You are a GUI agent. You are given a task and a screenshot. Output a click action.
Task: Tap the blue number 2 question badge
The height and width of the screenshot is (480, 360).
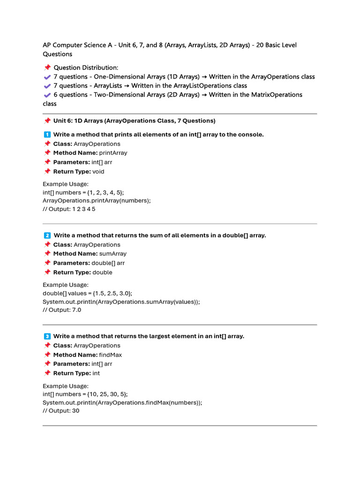pos(47,235)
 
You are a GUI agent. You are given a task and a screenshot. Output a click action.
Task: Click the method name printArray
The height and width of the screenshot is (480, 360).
pos(113,153)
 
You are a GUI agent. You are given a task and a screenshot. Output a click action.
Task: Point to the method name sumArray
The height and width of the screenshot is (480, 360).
pos(113,254)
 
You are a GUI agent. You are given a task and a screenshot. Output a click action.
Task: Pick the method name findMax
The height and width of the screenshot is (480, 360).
pos(111,355)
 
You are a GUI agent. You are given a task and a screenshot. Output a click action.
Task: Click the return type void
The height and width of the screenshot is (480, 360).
pos(98,171)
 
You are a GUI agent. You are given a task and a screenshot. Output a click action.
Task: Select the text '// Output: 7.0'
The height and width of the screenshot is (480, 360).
pos(62,309)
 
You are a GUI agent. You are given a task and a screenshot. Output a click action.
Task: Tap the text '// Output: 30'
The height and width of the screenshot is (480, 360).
pos(61,410)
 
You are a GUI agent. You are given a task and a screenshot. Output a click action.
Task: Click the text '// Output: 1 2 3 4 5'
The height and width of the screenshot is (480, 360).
pos(69,209)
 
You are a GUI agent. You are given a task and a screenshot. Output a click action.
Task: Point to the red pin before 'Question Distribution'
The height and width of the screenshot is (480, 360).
pos(47,67)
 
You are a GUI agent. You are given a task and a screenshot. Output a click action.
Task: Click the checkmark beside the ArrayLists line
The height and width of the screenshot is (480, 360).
pos(47,86)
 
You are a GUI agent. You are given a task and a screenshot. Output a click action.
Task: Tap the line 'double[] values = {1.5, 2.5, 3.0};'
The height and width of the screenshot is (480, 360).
pos(88,293)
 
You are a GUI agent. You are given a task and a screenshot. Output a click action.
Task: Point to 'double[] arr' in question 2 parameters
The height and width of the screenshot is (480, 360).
pos(108,263)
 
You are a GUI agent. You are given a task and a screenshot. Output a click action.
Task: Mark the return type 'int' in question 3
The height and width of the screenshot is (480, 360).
pos(96,373)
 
